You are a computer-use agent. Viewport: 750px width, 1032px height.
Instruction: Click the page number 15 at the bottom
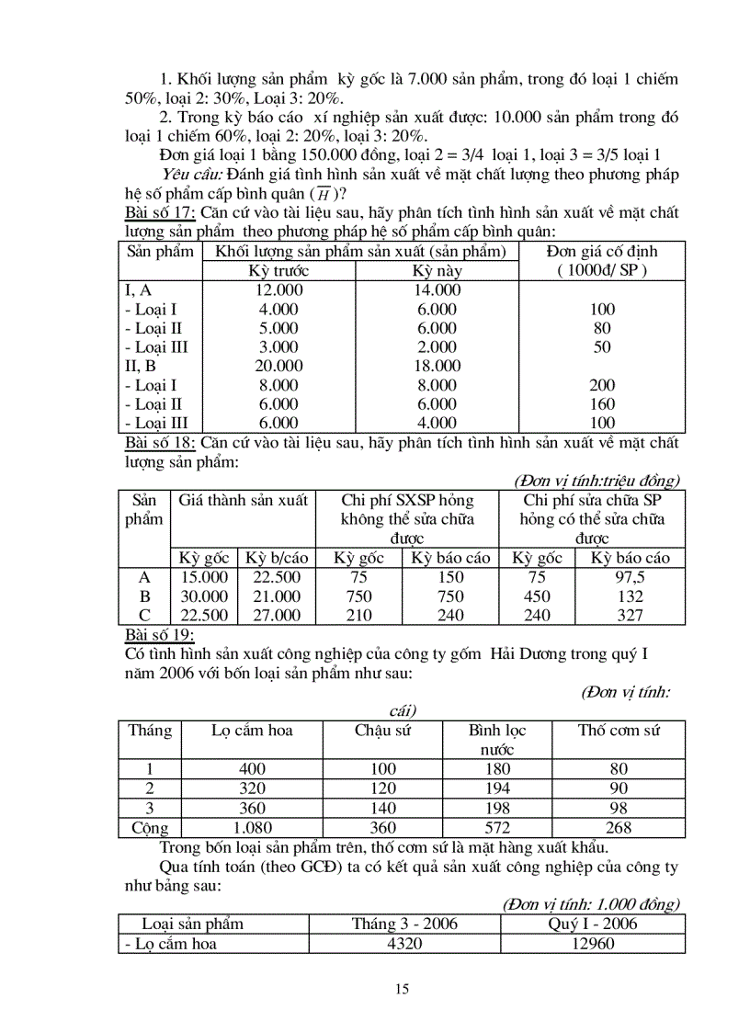(402, 989)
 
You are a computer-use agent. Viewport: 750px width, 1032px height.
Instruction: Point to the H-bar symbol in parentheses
(323, 194)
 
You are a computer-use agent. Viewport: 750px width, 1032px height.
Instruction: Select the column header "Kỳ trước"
(279, 271)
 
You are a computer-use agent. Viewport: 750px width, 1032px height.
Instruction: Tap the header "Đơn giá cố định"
(601, 252)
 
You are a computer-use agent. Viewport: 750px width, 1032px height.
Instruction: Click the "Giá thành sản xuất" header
(244, 501)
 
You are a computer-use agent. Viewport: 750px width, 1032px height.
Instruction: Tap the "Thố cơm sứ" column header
(619, 731)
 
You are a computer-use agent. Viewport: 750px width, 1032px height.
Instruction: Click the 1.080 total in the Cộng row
(252, 828)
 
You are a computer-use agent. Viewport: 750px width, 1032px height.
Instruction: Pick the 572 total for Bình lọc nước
(496, 828)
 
